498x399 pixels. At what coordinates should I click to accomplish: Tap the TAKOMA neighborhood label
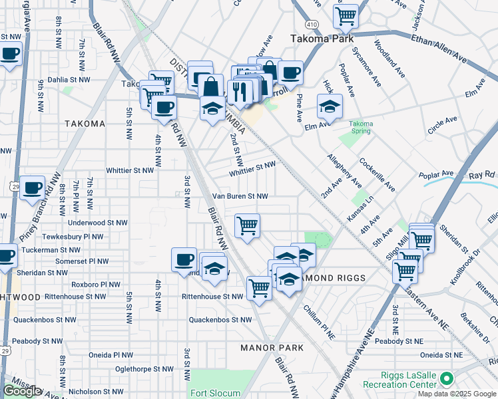(x=85, y=124)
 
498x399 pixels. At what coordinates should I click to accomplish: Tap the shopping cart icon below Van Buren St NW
(x=247, y=225)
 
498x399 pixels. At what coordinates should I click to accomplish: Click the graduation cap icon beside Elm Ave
(x=330, y=106)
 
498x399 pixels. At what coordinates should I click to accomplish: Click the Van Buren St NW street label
(x=240, y=197)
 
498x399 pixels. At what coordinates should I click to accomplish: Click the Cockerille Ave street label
(x=377, y=175)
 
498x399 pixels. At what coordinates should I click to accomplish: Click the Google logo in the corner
(x=22, y=391)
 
